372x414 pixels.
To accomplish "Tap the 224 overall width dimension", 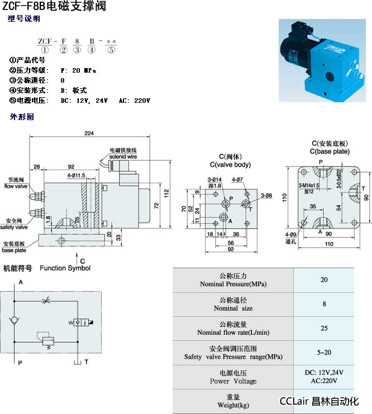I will tap(89, 133).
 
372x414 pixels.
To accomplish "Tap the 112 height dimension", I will tap(166, 192).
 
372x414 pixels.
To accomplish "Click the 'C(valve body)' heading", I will tap(230, 164).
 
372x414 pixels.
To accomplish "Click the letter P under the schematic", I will tap(20, 363).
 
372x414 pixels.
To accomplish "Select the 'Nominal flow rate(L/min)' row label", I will tap(233, 332).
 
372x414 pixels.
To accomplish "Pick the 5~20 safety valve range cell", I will tap(324, 353).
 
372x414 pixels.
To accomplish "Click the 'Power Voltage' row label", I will tap(233, 381).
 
